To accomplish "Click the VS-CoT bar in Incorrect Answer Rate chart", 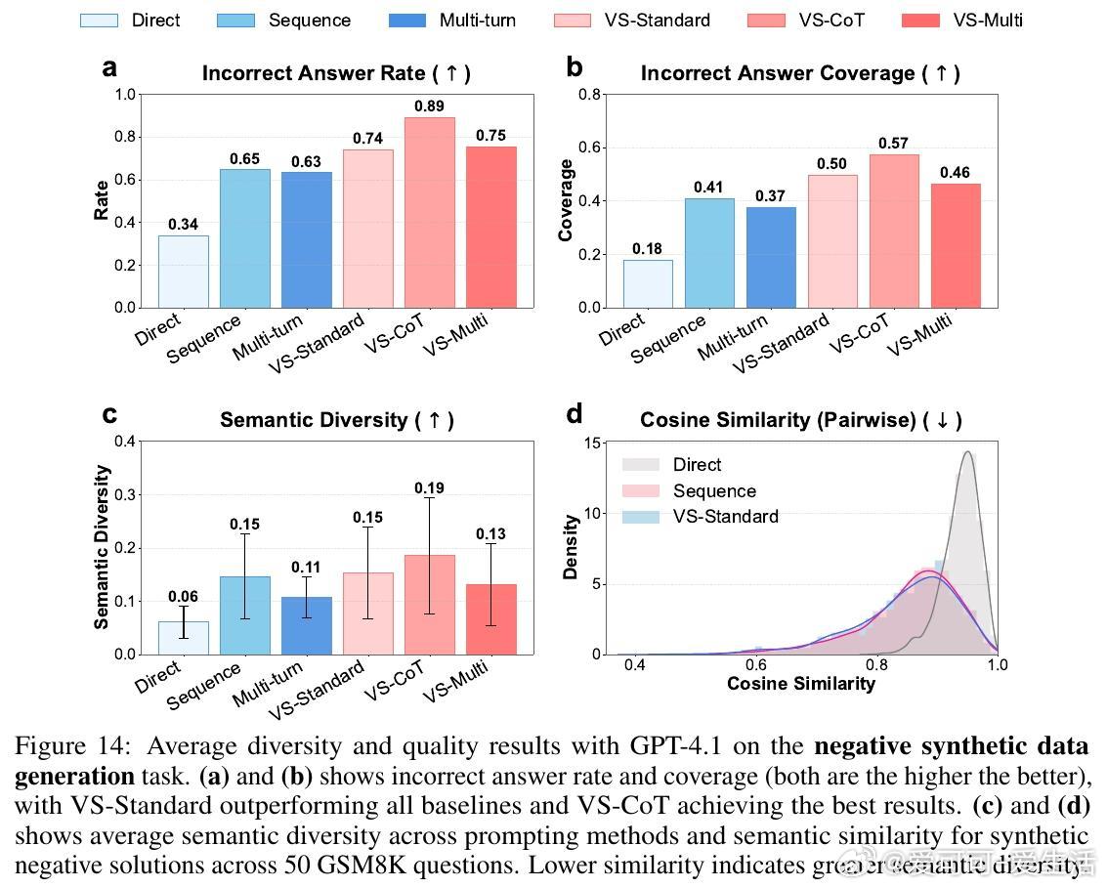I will [430, 212].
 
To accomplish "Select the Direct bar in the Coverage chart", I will [648, 283].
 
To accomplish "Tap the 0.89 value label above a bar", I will [430, 106].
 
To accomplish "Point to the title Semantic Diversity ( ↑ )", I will [337, 420].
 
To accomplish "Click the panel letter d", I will [575, 414].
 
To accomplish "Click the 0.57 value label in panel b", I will [893, 143].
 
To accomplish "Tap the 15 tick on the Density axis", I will [592, 443].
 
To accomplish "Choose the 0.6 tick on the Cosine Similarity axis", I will [755, 665].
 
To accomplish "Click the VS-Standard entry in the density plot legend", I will [725, 517].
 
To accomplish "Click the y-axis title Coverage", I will [566, 200].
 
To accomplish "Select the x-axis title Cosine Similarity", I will [801, 684].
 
